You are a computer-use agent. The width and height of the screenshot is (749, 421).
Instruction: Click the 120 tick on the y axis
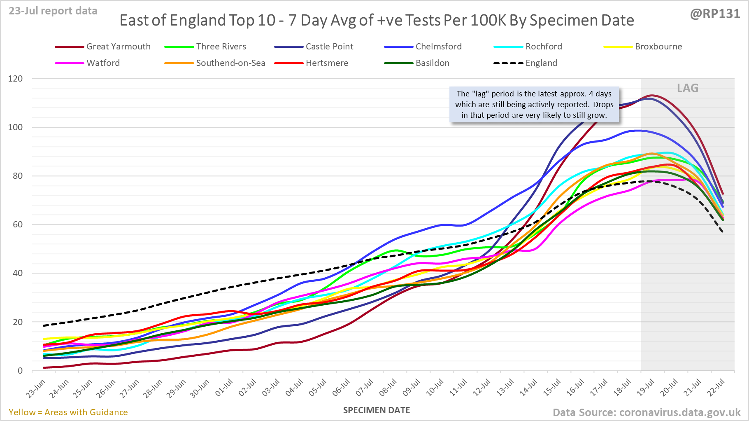[16, 79]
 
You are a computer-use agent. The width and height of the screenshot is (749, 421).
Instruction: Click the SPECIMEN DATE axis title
[377, 410]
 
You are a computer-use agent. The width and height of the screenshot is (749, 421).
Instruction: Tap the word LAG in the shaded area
[688, 88]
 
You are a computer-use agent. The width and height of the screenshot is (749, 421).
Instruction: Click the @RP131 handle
[715, 14]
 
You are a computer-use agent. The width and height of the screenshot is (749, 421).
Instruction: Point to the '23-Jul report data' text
[53, 11]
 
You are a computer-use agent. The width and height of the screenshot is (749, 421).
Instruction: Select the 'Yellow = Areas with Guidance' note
[68, 412]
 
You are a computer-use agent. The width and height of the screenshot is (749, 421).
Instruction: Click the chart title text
[377, 21]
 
